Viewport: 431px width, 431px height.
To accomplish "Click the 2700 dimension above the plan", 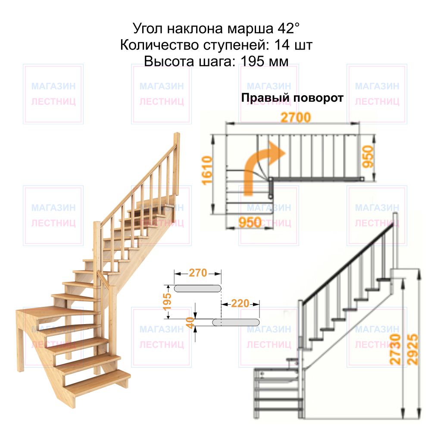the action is [296, 117].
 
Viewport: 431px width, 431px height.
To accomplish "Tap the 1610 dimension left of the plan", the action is [207, 170].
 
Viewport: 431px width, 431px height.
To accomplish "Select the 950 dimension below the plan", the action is [250, 222].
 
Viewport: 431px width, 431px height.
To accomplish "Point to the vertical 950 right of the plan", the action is [368, 157].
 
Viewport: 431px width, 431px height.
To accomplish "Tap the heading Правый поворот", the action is [292, 98].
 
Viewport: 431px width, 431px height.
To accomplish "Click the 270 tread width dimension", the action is [198, 273].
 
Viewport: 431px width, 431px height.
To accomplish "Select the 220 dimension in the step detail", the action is [240, 303].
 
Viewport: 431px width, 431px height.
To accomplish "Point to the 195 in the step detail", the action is [167, 302].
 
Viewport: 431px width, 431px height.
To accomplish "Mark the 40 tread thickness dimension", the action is [190, 322].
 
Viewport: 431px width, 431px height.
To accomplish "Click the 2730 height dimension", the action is [395, 349].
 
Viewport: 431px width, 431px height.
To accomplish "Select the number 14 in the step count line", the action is [282, 45].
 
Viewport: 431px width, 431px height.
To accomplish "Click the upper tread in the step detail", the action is [197, 288].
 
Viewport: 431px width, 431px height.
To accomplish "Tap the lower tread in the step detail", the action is [236, 322].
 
